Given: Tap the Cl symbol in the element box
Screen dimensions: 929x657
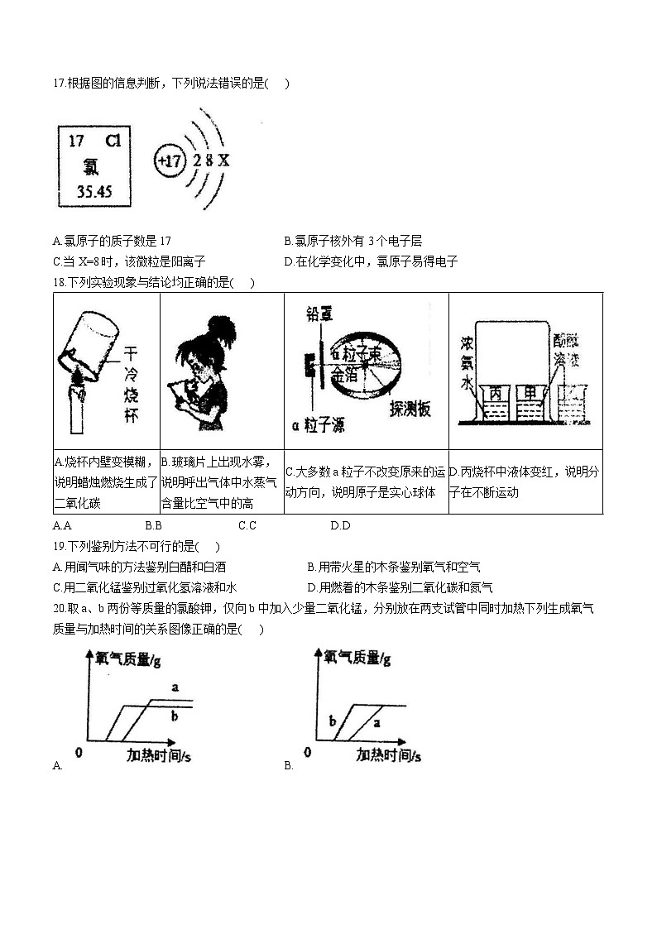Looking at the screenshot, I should tap(114, 141).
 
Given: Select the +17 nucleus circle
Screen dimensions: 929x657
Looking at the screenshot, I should tap(169, 160).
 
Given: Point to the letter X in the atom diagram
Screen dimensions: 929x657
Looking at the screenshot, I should tap(223, 160).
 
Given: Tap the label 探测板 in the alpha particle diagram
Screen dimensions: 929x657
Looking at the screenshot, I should tap(410, 409).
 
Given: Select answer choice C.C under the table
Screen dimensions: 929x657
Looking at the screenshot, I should tap(247, 525).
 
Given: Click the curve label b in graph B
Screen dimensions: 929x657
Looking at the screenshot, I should tap(333, 721).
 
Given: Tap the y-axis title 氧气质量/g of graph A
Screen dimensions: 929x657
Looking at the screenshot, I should tap(127, 658).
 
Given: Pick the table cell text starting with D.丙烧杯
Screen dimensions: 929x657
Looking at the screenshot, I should tap(524, 481).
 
